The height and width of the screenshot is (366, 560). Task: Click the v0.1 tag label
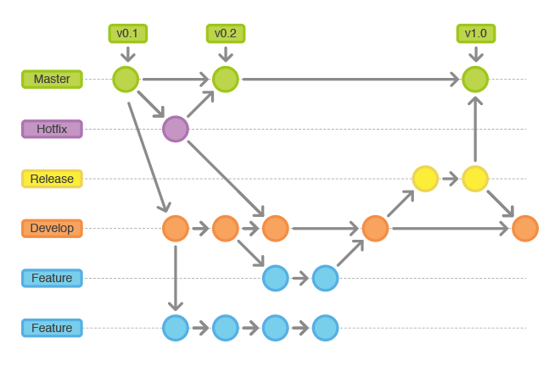click(128, 34)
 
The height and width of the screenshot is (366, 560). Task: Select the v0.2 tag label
click(226, 34)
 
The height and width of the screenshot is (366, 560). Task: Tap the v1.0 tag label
click(476, 34)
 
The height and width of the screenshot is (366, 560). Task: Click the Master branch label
click(52, 79)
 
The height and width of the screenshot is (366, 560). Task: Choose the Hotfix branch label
click(52, 129)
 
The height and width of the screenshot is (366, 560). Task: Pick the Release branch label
click(52, 179)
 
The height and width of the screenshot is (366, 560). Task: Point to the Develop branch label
click(52, 228)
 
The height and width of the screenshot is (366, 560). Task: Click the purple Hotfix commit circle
click(176, 129)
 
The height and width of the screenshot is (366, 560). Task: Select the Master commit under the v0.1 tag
click(126, 79)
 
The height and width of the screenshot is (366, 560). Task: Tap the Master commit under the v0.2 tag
click(226, 79)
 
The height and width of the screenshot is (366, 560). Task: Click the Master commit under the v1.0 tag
click(475, 79)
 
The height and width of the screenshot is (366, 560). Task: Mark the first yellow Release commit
click(425, 179)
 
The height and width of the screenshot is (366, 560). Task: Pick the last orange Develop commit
click(525, 228)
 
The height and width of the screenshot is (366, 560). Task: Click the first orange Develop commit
click(176, 228)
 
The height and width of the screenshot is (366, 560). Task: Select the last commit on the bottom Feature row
click(325, 328)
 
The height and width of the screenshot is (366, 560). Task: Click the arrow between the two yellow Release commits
click(450, 179)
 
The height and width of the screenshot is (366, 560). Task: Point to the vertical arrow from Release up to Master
click(475, 129)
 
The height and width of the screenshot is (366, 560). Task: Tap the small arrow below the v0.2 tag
click(226, 54)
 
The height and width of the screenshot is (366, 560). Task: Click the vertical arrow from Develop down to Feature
click(176, 278)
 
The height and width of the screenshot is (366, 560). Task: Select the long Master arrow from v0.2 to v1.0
click(350, 79)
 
